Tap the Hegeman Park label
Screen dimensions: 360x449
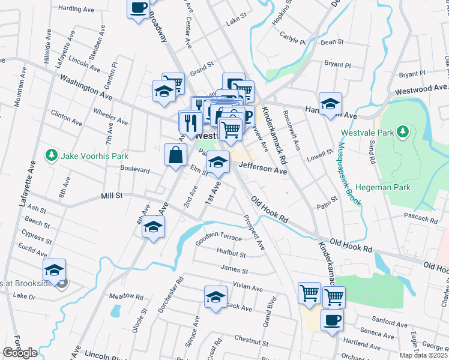tap(382, 188)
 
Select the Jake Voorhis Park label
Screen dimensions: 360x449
tap(95, 156)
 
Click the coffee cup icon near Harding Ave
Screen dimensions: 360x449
tap(138, 8)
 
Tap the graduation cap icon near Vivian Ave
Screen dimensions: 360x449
tap(215, 297)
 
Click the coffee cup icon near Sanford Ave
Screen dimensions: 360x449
tap(332, 320)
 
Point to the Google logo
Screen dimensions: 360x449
tap(20, 353)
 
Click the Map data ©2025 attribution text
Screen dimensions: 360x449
tap(423, 355)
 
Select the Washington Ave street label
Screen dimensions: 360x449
tap(86, 83)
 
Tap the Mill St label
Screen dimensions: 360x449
tap(112, 196)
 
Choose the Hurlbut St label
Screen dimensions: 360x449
tap(232, 255)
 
